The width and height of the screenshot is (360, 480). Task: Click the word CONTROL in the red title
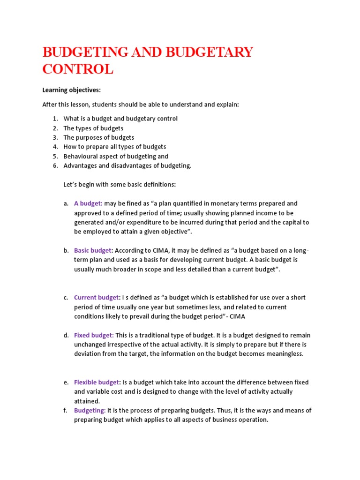click(x=78, y=69)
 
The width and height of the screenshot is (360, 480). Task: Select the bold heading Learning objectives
click(x=72, y=90)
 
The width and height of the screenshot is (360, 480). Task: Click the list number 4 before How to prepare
click(x=55, y=147)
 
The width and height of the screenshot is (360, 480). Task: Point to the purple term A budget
click(x=88, y=203)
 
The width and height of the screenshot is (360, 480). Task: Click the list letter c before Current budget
click(x=66, y=298)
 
